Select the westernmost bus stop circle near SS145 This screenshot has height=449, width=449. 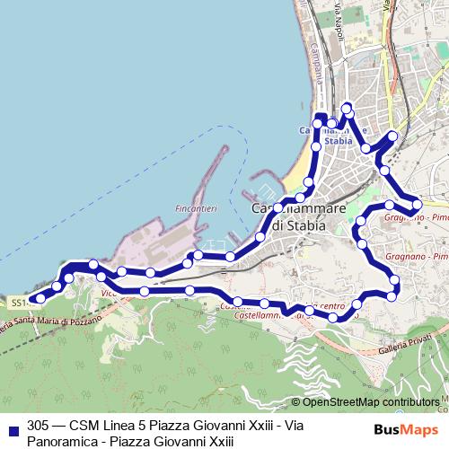40,298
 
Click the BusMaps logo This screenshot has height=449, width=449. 406,430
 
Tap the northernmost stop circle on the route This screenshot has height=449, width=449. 348,110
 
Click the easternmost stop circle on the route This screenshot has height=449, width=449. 417,205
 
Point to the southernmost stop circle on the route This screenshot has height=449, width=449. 334,317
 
